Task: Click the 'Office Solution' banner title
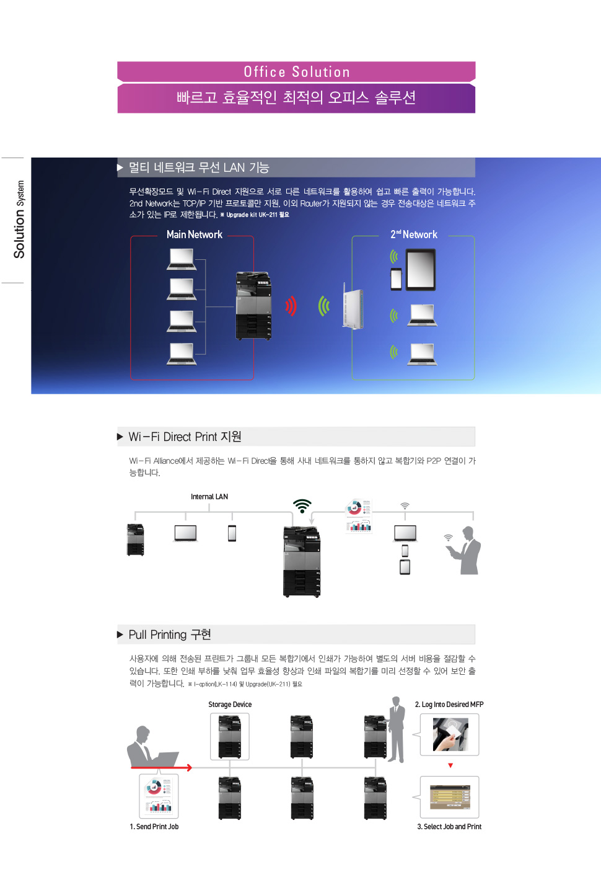click(x=297, y=72)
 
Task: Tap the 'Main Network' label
click(x=194, y=234)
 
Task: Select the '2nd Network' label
click(x=414, y=234)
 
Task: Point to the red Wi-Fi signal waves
click(x=291, y=306)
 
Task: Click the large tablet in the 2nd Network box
click(x=421, y=270)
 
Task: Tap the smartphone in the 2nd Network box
click(x=397, y=279)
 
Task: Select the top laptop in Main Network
click(x=182, y=259)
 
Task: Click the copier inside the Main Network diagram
click(x=253, y=306)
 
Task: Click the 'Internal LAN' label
click(x=209, y=497)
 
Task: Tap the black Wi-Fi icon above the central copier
click(x=302, y=505)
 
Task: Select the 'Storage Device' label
click(x=230, y=705)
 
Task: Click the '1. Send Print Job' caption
click(x=154, y=827)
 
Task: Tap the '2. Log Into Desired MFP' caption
click(x=449, y=705)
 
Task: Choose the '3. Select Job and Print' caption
click(x=449, y=827)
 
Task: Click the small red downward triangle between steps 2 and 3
click(x=450, y=765)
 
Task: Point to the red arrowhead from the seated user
click(x=189, y=768)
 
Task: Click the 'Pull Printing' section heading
click(x=170, y=634)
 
